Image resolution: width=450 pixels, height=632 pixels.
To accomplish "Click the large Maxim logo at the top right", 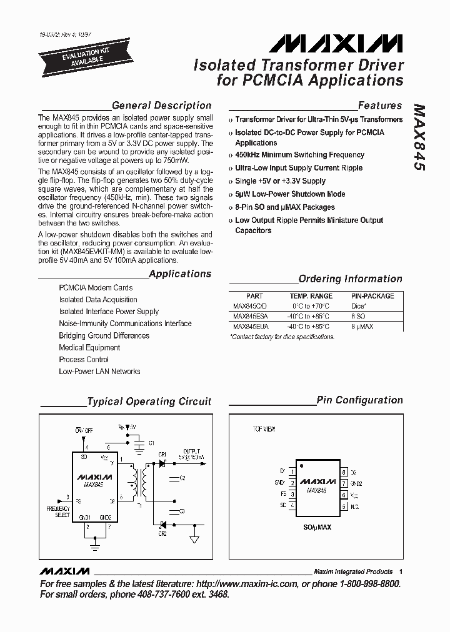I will click(336, 43).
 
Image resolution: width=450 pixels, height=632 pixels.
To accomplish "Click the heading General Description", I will click(161, 106).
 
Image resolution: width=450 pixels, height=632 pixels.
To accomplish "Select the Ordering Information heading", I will click(350, 279).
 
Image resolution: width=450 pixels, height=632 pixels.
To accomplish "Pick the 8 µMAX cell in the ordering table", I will click(363, 327).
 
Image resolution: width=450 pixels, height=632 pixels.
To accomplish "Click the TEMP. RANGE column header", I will click(311, 296).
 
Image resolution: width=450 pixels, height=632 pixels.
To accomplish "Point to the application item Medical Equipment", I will click(89, 348).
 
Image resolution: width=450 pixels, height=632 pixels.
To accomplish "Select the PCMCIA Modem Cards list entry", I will click(96, 288).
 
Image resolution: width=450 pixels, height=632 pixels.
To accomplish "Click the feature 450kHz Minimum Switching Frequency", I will click(299, 155).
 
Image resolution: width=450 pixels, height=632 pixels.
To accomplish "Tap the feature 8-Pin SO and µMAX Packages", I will click(284, 207).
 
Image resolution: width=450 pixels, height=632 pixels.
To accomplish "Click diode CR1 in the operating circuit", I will click(162, 464).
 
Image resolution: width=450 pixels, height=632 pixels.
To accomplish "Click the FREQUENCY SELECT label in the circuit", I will click(58, 513).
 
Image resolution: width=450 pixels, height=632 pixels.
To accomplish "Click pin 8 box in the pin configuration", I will click(344, 473).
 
